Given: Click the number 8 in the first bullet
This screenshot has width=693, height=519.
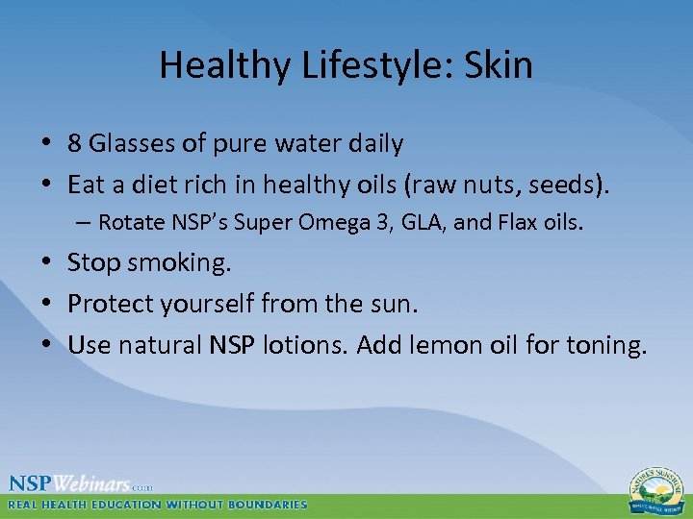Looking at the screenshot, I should (74, 144).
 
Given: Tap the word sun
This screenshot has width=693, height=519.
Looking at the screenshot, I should (397, 305).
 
